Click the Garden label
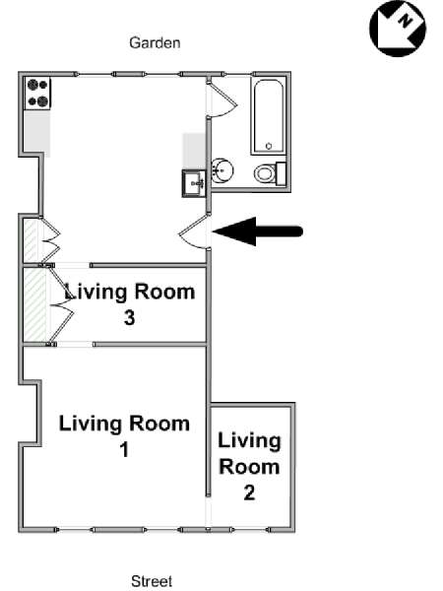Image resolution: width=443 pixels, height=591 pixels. (155, 42)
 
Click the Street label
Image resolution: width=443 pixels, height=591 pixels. (152, 581)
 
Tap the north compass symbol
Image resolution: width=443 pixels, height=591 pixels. (398, 29)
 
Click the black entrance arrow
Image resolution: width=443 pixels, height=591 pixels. (258, 231)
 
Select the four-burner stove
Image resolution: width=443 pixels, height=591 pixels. (37, 94)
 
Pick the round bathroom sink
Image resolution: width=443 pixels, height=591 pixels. (221, 171)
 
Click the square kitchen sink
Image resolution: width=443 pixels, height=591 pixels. (194, 183)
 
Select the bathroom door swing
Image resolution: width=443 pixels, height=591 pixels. (223, 99)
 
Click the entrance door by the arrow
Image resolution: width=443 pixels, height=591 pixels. (194, 231)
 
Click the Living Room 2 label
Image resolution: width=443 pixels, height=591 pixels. (249, 467)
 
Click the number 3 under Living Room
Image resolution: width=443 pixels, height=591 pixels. (129, 318)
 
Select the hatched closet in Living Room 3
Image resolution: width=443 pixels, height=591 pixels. (35, 305)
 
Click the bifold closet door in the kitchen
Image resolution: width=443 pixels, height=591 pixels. (49, 240)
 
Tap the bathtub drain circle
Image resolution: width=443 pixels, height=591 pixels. (269, 146)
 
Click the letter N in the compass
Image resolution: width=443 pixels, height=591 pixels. (405, 20)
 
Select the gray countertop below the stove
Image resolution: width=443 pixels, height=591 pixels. (37, 132)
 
